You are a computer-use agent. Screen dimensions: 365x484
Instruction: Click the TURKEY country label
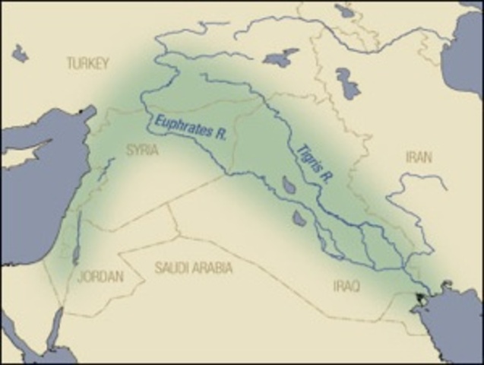coord(88,63)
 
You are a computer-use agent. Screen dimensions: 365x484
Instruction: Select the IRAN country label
coord(418,157)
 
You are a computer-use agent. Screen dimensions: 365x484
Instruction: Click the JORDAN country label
coord(100,277)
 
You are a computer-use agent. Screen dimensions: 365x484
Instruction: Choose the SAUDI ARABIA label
coord(194,268)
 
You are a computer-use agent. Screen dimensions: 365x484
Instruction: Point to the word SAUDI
coord(171,268)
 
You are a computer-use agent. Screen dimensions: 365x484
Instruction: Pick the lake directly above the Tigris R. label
coord(280,59)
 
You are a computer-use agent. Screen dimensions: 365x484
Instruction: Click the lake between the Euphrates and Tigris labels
coord(289,185)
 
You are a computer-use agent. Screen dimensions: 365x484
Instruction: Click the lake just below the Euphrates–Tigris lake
coord(300,218)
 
